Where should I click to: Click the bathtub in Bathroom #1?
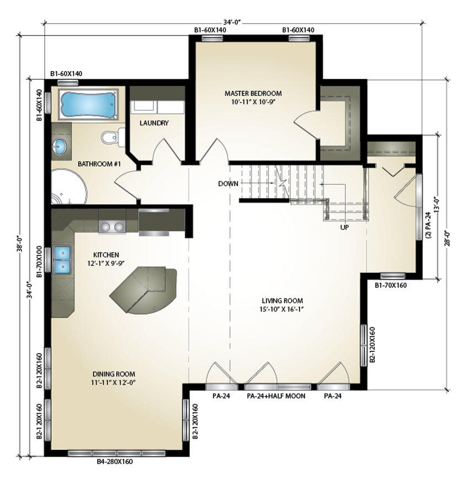pos(88,104)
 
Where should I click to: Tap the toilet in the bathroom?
pos(113,137)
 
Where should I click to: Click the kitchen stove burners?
pos(112,227)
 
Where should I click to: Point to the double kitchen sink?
pos(62,260)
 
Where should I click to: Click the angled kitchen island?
pos(143,289)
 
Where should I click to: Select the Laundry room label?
pos(154,123)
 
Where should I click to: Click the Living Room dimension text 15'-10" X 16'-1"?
pos(281,309)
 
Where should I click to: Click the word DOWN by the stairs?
pos(228,184)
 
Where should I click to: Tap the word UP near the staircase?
pos(344,227)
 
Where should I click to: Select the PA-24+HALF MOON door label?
pos(276,396)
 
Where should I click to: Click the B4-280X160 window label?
pos(115,461)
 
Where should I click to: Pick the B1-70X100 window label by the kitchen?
pos(39,261)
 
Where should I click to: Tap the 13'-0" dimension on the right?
pos(437,205)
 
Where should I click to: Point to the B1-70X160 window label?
pos(391,285)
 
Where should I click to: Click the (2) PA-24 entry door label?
pos(428,226)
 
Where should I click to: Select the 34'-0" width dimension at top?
pos(232,22)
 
